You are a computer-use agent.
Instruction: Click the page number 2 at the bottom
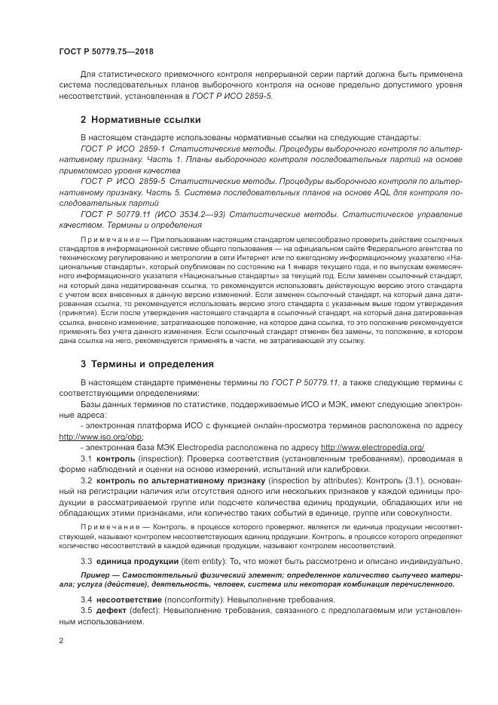point(61,640)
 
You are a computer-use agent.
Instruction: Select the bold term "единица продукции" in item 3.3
point(136,562)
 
